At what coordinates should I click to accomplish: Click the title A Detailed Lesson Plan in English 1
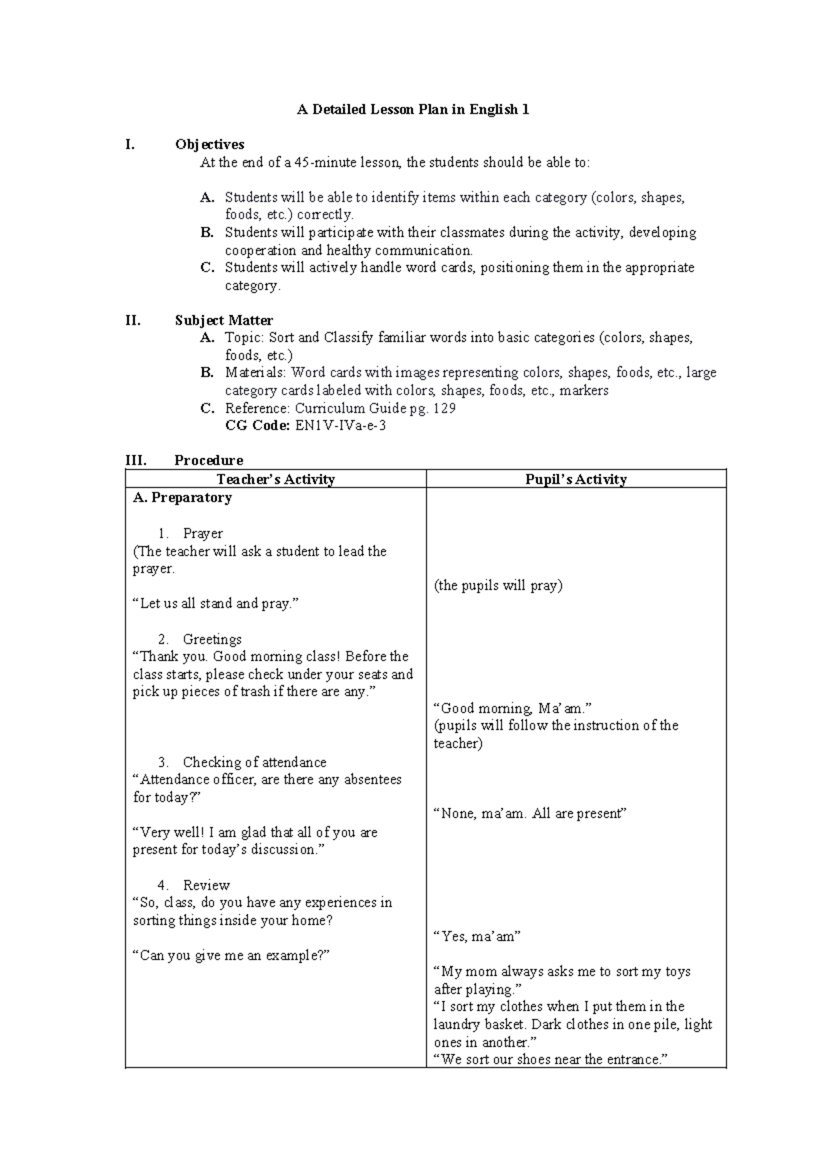click(x=413, y=110)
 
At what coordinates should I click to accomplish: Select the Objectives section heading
click(x=210, y=145)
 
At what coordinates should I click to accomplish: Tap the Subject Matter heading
click(x=223, y=321)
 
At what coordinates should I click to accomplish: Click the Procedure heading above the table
click(x=208, y=460)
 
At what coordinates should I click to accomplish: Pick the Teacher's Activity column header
click(x=276, y=480)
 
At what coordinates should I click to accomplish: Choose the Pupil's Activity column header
click(x=575, y=480)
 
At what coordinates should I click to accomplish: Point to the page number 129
click(x=445, y=408)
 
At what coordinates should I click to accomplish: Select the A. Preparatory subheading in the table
click(x=182, y=498)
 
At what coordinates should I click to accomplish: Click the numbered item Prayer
click(x=203, y=533)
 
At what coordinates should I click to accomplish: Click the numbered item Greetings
click(x=212, y=640)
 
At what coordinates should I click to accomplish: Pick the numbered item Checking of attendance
click(x=254, y=762)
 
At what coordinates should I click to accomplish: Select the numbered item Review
click(x=206, y=885)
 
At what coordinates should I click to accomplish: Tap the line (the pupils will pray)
click(x=498, y=586)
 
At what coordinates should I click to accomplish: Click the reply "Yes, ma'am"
click(x=477, y=937)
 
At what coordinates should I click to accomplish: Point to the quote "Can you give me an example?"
click(x=232, y=956)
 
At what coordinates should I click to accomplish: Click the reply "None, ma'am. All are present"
click(x=529, y=814)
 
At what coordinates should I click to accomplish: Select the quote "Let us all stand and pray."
click(x=216, y=604)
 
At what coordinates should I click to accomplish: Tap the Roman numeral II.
click(x=132, y=321)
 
